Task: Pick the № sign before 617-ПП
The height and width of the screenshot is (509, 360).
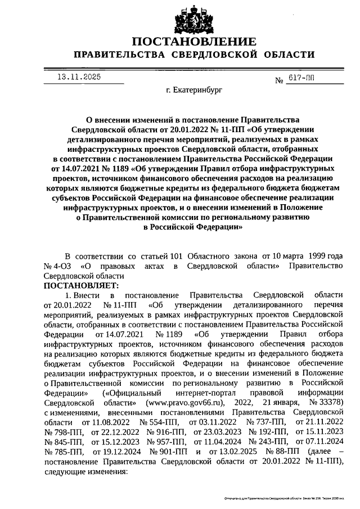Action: [x=278, y=82]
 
